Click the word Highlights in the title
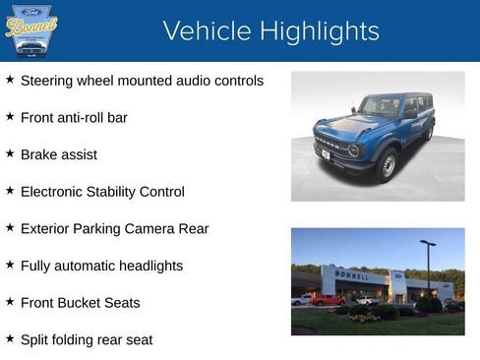click(x=315, y=31)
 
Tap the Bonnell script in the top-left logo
click(x=30, y=27)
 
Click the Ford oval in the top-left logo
click(x=31, y=11)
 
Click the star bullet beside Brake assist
click(x=10, y=153)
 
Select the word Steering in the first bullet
click(x=46, y=81)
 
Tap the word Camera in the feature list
click(x=150, y=229)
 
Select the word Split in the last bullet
click(x=35, y=340)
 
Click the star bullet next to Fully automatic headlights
click(x=10, y=265)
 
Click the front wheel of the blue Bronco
click(x=388, y=164)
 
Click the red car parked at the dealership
click(x=328, y=300)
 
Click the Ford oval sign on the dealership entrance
click(x=397, y=276)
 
